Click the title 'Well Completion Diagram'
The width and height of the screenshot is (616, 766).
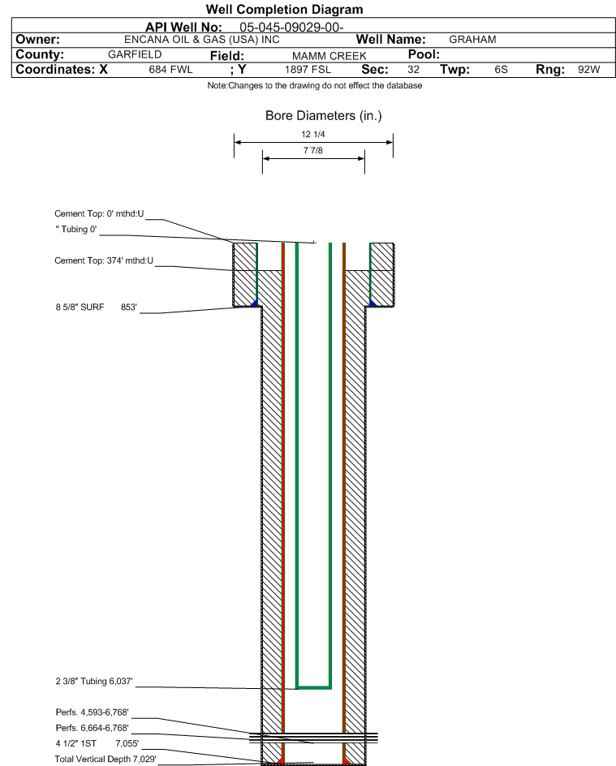[x=284, y=9]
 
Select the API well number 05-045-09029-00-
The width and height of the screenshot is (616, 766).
[x=291, y=28]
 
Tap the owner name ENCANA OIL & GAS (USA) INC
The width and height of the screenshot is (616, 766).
[x=202, y=40]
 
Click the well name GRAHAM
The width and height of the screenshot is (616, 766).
[x=472, y=40]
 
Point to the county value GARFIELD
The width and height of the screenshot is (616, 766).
[x=135, y=54]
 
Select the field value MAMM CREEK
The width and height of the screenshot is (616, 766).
[x=330, y=56]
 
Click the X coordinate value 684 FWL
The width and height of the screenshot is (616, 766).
[x=170, y=69]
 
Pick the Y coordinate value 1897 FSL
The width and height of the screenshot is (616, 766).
[x=308, y=69]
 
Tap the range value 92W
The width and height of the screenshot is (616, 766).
[x=588, y=69]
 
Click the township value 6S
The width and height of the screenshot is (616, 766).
[x=502, y=69]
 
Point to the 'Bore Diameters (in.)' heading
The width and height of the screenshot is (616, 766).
[x=323, y=116]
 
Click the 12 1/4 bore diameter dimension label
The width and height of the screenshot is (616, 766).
[x=313, y=135]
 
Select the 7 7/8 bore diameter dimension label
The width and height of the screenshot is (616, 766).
[x=313, y=150]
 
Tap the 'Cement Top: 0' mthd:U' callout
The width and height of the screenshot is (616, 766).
[x=99, y=214]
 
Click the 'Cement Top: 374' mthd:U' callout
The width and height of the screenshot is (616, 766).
[x=104, y=260]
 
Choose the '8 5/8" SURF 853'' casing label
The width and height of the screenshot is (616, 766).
[x=97, y=308]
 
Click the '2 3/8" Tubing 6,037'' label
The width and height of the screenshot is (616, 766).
[x=94, y=681]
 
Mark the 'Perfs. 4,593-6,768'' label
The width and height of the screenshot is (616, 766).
[x=93, y=712]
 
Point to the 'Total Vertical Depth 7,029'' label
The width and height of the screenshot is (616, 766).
[x=105, y=759]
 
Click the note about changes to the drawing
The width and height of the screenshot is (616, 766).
[x=315, y=85]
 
